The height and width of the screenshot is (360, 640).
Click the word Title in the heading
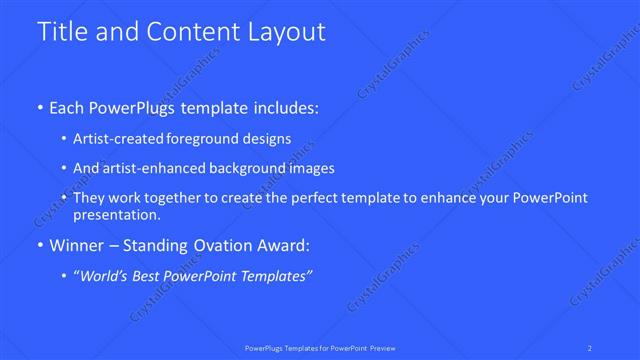tap(60, 32)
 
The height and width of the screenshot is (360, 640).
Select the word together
tap(179, 198)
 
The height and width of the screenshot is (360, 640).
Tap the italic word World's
tap(108, 276)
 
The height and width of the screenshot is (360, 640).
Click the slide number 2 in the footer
tap(592, 347)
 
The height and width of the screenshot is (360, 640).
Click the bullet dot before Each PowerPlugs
tap(39, 107)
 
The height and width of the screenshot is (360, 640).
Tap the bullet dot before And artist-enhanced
tap(64, 169)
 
